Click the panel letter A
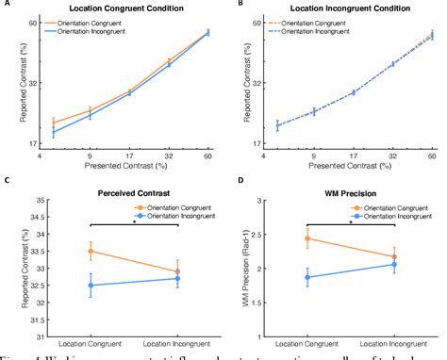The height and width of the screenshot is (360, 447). click(x=6, y=4)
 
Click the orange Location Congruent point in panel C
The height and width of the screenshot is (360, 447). click(x=91, y=251)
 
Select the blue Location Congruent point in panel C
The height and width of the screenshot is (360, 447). click(x=91, y=285)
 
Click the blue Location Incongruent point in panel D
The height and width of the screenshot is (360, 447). click(x=394, y=265)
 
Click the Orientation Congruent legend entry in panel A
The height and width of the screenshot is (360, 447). click(x=88, y=23)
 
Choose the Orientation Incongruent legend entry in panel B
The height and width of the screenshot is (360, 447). click(x=315, y=31)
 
